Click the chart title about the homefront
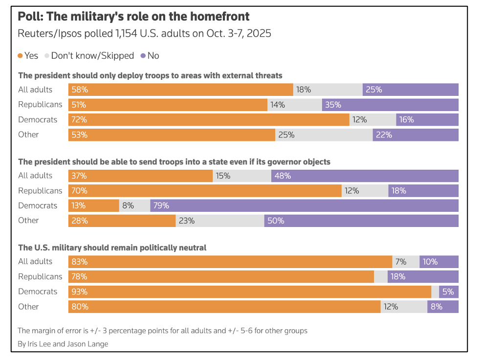click(133, 17)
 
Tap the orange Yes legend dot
click(20, 56)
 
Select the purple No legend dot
click(143, 56)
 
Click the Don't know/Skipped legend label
click(92, 56)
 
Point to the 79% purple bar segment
click(304, 205)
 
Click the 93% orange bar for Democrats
click(249, 292)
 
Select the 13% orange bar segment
click(93, 205)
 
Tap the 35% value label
click(333, 105)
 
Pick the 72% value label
click(80, 120)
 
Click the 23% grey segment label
click(187, 221)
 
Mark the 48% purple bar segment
click(365, 176)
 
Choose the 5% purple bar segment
click(449, 292)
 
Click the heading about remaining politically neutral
click(112, 248)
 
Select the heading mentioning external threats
click(150, 75)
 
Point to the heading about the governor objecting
click(174, 162)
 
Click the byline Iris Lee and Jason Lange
click(63, 344)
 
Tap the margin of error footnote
click(162, 331)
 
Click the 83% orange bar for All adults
click(230, 262)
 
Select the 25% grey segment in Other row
click(324, 135)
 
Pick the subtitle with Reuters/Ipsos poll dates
click(144, 34)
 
